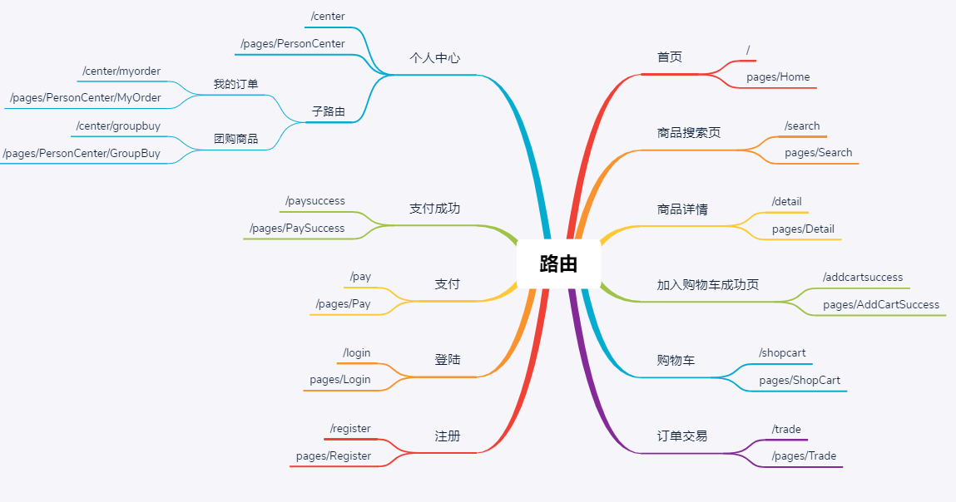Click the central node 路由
pyautogui.click(x=557, y=264)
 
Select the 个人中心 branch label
pyautogui.click(x=434, y=58)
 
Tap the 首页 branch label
pyautogui.click(x=670, y=57)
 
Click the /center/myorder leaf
pyautogui.click(x=121, y=71)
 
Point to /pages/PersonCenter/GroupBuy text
pyautogui.click(x=82, y=153)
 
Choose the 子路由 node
pyautogui.click(x=328, y=111)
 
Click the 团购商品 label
pyautogui.click(x=235, y=139)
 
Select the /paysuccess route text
pyautogui.click(x=315, y=201)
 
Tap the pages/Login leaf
pyautogui.click(x=339, y=380)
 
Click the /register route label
pyautogui.click(x=350, y=429)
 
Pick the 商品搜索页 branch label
pyautogui.click(x=688, y=133)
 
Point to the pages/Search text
pyautogui.click(x=818, y=153)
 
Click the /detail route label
pyautogui.click(x=786, y=202)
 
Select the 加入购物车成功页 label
pyautogui.click(x=707, y=284)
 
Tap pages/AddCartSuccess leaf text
pyautogui.click(x=880, y=305)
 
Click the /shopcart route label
pyautogui.click(x=782, y=353)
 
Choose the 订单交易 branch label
pyautogui.click(x=681, y=436)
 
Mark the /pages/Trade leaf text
pyautogui.click(x=804, y=456)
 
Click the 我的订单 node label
pyautogui.click(x=235, y=84)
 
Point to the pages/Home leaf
pyautogui.click(x=777, y=77)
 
